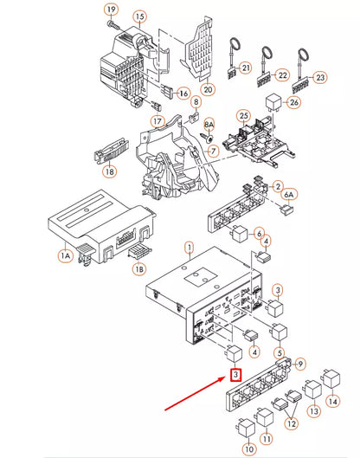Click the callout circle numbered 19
tap(112, 10)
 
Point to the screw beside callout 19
tap(113, 25)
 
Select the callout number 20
tap(208, 89)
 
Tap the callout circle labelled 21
tap(246, 68)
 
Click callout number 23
tap(320, 77)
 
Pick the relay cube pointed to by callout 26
tap(273, 102)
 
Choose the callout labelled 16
tap(183, 94)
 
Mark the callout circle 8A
tap(209, 125)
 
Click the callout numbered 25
tap(244, 116)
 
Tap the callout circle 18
tap(110, 171)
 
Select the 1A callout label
tap(66, 256)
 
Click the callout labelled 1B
tap(139, 268)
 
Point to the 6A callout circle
tap(289, 195)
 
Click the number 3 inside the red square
tap(235, 375)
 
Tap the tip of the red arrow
tap(225, 377)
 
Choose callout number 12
tap(292, 423)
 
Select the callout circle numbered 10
tap(249, 448)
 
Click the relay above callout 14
tap(331, 378)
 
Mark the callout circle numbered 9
tap(299, 364)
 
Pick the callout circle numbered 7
tap(214, 151)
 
